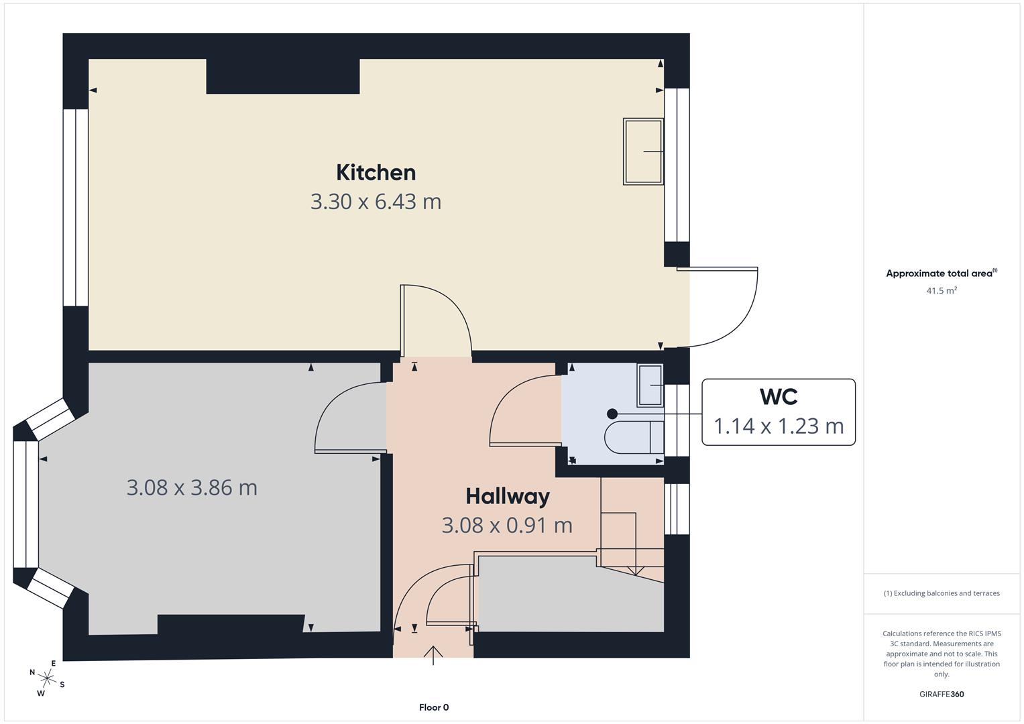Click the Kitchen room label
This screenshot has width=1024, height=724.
click(x=376, y=172)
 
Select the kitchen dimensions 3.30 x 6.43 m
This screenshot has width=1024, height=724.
click(x=376, y=201)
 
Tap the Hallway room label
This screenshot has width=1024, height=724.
click(x=508, y=496)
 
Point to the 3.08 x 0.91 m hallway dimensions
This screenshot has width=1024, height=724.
click(x=507, y=525)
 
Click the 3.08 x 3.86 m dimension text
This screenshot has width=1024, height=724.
click(x=192, y=487)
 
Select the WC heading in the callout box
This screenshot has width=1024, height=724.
click(x=779, y=396)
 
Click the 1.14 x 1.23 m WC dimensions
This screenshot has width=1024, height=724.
click(x=779, y=426)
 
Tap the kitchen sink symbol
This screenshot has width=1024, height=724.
click(x=643, y=152)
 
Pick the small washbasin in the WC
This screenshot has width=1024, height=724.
click(x=650, y=385)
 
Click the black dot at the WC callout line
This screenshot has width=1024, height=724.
click(x=612, y=414)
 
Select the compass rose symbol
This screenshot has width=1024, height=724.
click(x=47, y=678)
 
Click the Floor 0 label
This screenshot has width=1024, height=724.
click(x=434, y=707)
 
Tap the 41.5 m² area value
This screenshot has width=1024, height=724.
click(x=942, y=291)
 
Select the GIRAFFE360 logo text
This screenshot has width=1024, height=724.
click(x=942, y=694)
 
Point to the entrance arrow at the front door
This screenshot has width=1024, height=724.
click(x=434, y=654)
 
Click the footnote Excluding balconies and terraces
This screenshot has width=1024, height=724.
click(x=942, y=593)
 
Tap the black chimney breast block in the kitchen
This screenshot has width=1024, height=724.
click(x=282, y=76)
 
